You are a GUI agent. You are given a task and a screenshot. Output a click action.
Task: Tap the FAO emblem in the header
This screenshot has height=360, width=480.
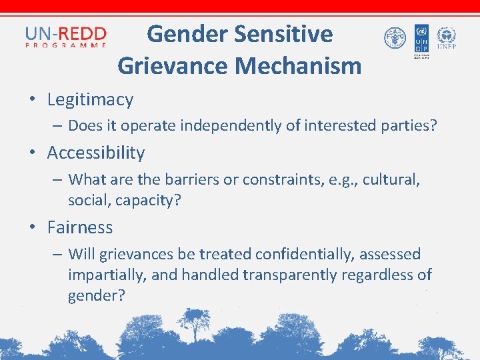(x=395, y=38)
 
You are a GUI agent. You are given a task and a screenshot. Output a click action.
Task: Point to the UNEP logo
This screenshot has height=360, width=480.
(x=447, y=38)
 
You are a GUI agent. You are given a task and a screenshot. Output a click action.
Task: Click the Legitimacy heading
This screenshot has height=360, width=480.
(x=90, y=100)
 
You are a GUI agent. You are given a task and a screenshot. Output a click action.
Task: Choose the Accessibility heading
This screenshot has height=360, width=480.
(x=96, y=153)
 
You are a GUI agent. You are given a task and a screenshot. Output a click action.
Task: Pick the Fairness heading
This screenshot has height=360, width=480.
(x=80, y=227)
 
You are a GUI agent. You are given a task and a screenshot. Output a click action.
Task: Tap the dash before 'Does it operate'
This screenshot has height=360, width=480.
(x=59, y=125)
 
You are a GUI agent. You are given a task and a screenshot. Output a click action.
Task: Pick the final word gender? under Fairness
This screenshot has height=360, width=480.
(x=96, y=295)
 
